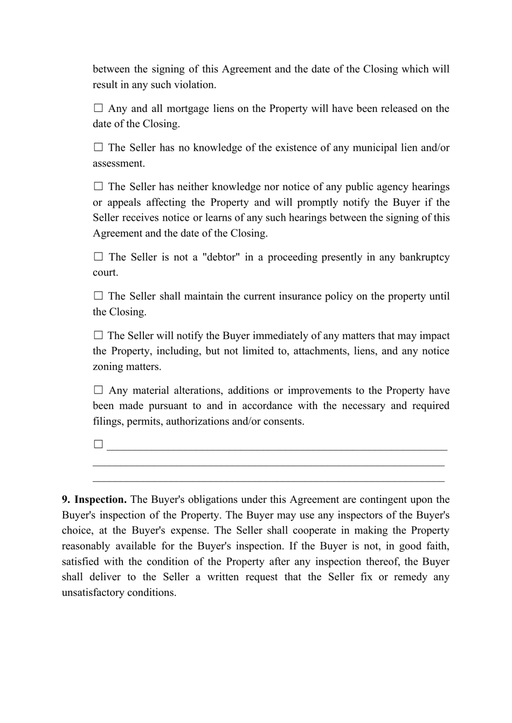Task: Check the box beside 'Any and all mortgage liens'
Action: (98, 108)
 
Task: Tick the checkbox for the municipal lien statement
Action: (98, 147)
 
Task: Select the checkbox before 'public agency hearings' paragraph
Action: (98, 186)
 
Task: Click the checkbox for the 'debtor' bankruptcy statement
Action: (98, 257)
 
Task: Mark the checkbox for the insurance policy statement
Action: (98, 296)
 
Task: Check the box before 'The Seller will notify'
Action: (98, 335)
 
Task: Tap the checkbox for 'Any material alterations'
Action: (98, 390)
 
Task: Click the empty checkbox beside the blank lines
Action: (98, 444)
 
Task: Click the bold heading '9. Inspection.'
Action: (94, 500)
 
